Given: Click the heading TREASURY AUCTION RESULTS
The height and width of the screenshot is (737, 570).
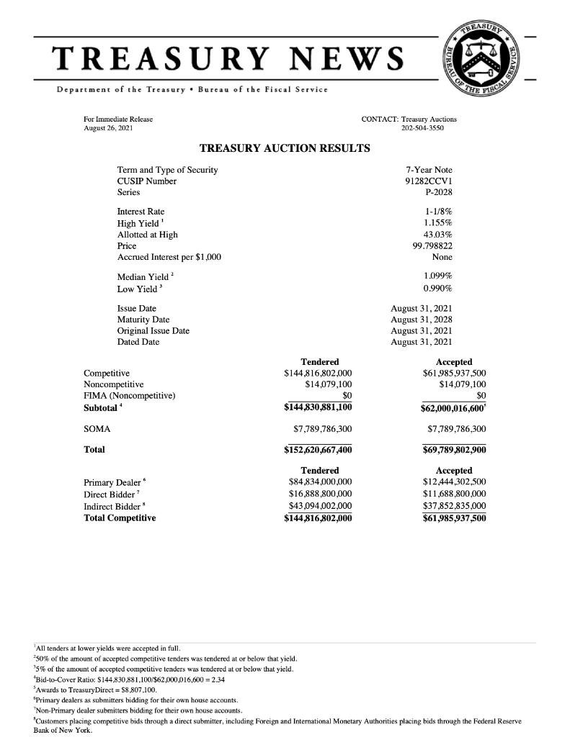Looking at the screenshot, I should (x=284, y=148).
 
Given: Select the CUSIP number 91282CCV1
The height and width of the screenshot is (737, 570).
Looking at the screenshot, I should (x=429, y=181).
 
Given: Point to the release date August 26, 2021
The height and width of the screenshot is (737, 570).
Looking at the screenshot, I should (x=108, y=127).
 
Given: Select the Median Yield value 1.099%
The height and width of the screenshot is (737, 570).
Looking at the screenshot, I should (x=438, y=276).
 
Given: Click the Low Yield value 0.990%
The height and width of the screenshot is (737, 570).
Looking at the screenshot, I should (x=438, y=289).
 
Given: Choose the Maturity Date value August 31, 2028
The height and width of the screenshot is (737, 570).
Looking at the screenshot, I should (x=422, y=319).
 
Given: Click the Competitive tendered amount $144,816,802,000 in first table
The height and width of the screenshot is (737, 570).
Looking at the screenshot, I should (x=318, y=374).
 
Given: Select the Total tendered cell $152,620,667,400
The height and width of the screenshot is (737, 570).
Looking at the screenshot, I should (x=318, y=450).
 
